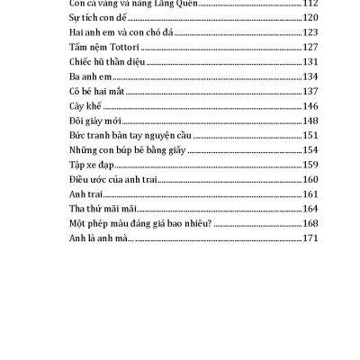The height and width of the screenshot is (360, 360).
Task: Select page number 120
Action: coord(311,18)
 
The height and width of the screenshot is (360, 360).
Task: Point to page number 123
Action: coord(311,32)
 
